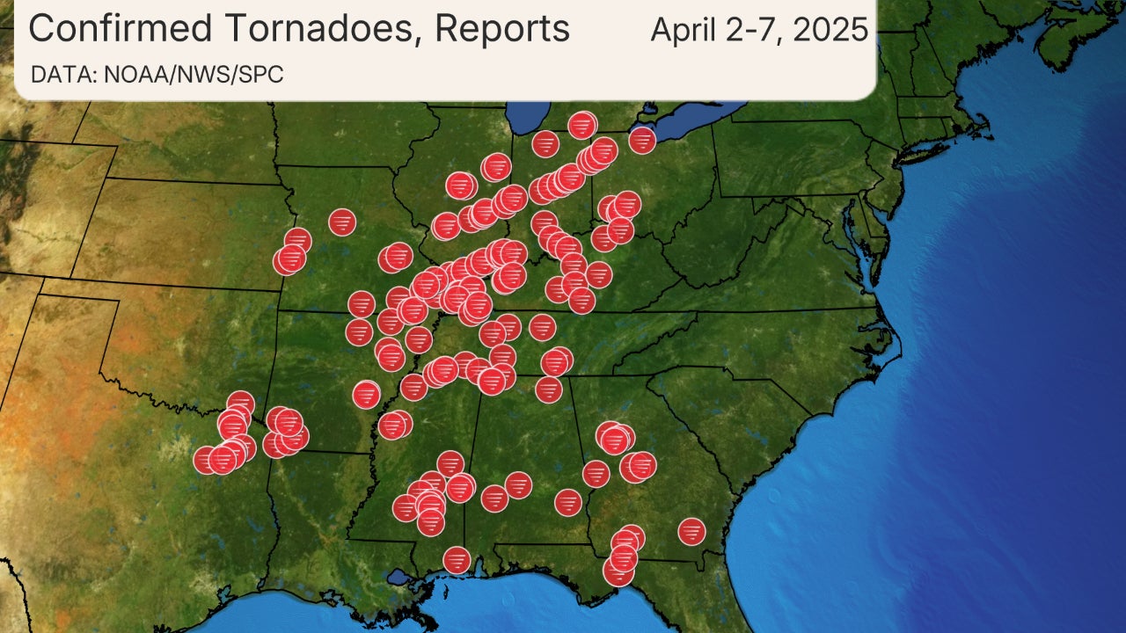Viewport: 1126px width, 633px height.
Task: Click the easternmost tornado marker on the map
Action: tap(692, 531)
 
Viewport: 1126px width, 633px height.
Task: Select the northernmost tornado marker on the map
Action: tap(582, 125)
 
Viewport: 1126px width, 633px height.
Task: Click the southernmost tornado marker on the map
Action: tap(618, 571)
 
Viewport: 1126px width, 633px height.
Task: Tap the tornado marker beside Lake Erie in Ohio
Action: tap(642, 140)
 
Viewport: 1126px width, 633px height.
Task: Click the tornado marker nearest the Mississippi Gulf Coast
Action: tap(457, 559)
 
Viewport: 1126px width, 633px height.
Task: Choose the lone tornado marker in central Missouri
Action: tap(342, 222)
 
